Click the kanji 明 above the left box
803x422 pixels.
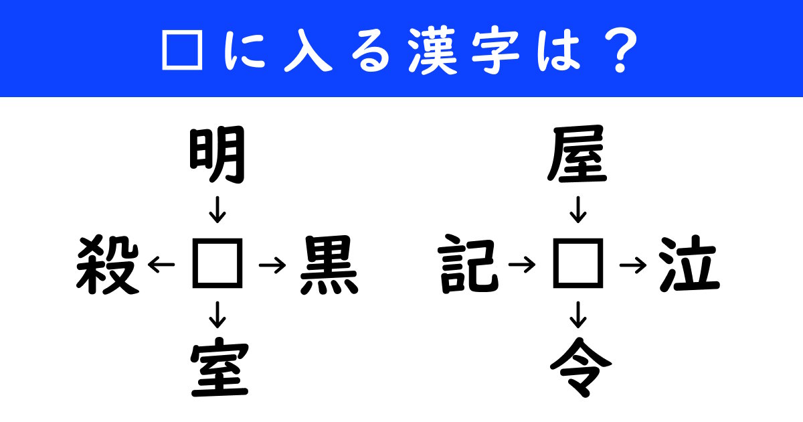(x=217, y=155)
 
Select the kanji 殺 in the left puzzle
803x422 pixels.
(x=108, y=265)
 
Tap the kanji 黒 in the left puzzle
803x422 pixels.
(x=329, y=265)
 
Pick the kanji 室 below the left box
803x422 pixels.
(x=219, y=367)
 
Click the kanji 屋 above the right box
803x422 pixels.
(x=577, y=155)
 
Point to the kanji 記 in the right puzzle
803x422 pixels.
(x=468, y=264)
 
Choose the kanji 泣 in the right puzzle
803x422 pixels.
(x=689, y=264)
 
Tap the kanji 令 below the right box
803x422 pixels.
(x=581, y=367)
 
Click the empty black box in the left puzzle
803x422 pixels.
(x=217, y=263)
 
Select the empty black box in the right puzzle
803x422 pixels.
(x=578, y=263)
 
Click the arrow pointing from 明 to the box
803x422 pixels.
(x=217, y=210)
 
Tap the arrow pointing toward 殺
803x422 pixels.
(x=161, y=265)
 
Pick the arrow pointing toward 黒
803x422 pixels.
(x=272, y=265)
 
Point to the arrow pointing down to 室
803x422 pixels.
(x=217, y=315)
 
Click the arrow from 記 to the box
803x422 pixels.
(x=522, y=265)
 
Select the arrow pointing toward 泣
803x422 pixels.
(x=633, y=265)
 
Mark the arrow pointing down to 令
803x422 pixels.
(x=578, y=315)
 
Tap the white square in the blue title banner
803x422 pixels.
(x=183, y=50)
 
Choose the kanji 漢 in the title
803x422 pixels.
(x=432, y=50)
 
